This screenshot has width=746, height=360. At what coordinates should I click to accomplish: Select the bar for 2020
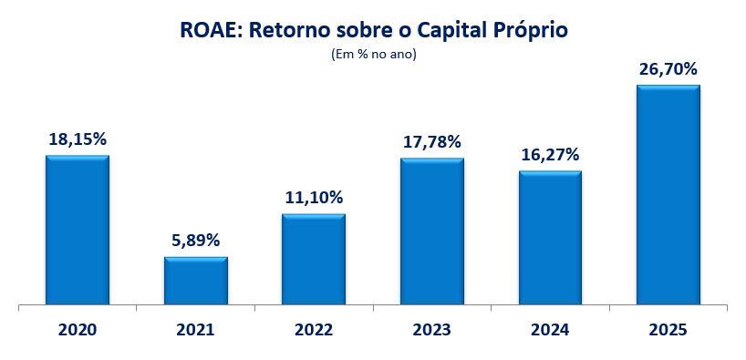tap(78, 230)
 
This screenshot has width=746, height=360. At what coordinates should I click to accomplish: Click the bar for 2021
tap(196, 281)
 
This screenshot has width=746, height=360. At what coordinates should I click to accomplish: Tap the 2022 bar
tap(314, 259)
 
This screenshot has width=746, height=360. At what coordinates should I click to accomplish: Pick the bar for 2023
tap(432, 231)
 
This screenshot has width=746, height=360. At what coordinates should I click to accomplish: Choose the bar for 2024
tap(551, 237)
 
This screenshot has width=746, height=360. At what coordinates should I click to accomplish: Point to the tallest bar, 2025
tap(668, 194)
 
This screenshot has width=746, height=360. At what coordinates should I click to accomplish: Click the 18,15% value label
tap(78, 139)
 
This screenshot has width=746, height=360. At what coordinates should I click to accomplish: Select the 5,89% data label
tap(196, 241)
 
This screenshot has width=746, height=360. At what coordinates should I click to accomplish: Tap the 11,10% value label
tap(314, 198)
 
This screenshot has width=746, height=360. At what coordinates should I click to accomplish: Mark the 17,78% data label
tap(432, 141)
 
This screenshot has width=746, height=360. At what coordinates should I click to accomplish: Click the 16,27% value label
tap(550, 155)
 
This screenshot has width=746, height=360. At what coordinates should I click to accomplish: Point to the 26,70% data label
tap(668, 69)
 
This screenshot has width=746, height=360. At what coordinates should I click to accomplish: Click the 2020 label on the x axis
tap(78, 330)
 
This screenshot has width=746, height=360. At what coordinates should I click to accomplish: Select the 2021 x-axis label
tap(195, 330)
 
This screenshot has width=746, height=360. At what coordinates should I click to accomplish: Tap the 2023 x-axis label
tap(432, 330)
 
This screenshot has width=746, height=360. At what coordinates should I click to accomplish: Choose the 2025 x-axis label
tap(668, 330)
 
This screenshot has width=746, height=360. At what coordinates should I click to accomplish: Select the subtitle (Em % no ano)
tap(374, 55)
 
